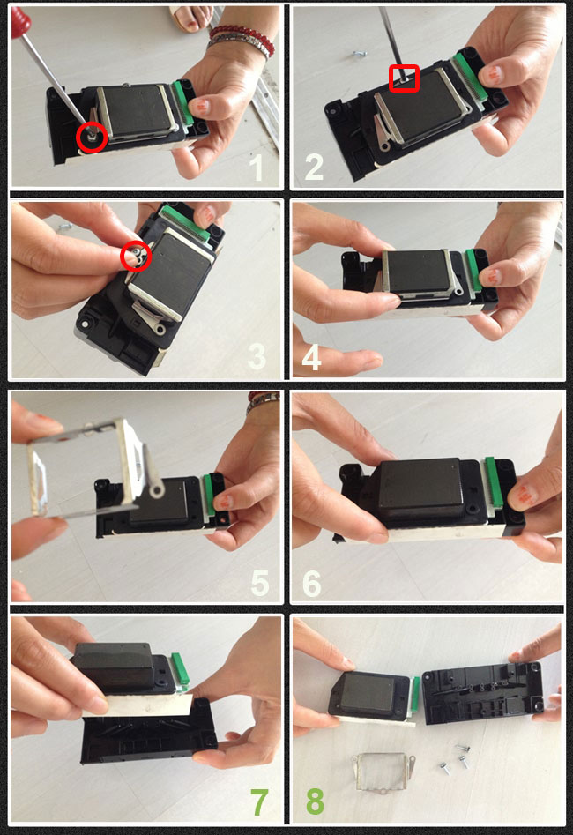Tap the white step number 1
[x=257, y=168]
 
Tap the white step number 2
[x=314, y=168]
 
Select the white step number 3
[x=257, y=356]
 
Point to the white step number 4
[x=311, y=356]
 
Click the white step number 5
[x=260, y=582]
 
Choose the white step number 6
[x=311, y=583]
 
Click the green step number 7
[x=259, y=801]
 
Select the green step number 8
[x=315, y=801]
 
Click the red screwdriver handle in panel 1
[x=20, y=21]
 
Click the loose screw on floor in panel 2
[x=360, y=53]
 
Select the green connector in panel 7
[x=180, y=668]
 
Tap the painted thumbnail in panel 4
[x=490, y=276]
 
